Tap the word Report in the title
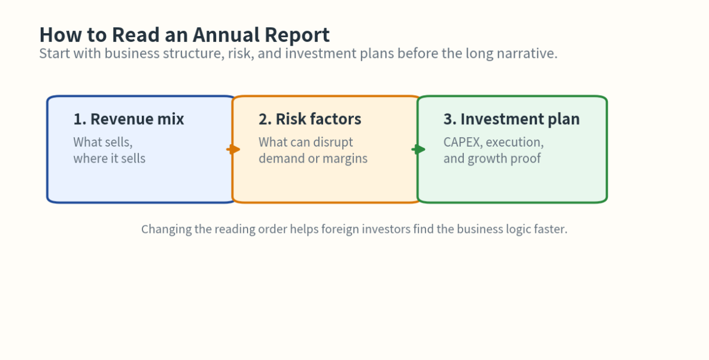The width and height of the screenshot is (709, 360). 298,35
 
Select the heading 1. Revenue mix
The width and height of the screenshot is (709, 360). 129,119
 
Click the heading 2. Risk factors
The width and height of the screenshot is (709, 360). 310,119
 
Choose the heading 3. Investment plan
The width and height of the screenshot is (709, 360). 511,119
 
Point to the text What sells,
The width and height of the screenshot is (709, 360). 103,142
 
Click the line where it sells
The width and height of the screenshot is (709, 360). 109,158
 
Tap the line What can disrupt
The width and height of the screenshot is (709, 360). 305,142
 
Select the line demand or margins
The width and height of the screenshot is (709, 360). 313,158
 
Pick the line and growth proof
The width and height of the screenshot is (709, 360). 492,158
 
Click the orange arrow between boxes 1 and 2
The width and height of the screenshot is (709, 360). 233,150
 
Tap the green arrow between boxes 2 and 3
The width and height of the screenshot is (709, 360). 418,150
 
